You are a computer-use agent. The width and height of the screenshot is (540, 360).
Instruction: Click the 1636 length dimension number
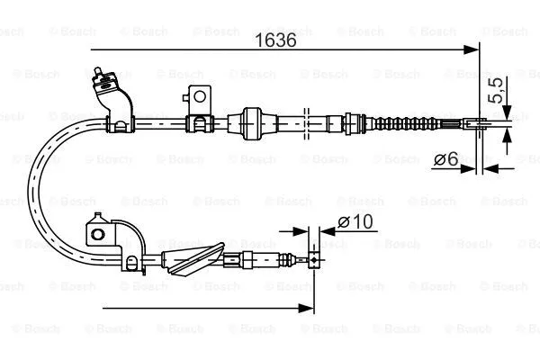pyautogui.click(x=276, y=39)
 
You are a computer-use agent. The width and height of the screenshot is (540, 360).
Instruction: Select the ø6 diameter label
pyautogui.click(x=445, y=159)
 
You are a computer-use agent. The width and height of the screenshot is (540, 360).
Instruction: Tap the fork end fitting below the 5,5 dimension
pyautogui.click(x=480, y=123)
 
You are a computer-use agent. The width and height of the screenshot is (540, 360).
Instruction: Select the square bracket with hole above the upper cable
pyautogui.click(x=200, y=96)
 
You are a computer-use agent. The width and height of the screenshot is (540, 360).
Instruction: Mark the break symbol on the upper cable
pyautogui.click(x=308, y=120)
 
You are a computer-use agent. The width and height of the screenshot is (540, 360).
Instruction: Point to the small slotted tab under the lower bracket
pyautogui.click(x=131, y=263)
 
